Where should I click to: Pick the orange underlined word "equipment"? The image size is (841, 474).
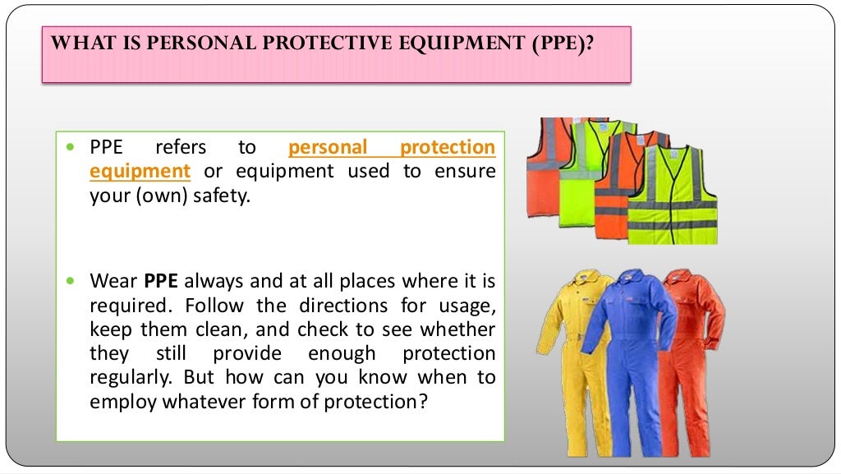click(x=140, y=172)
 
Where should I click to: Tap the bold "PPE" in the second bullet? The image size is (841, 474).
click(x=161, y=281)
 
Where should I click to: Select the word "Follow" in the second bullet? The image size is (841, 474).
click(x=211, y=306)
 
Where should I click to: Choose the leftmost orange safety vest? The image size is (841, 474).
click(x=545, y=164)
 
